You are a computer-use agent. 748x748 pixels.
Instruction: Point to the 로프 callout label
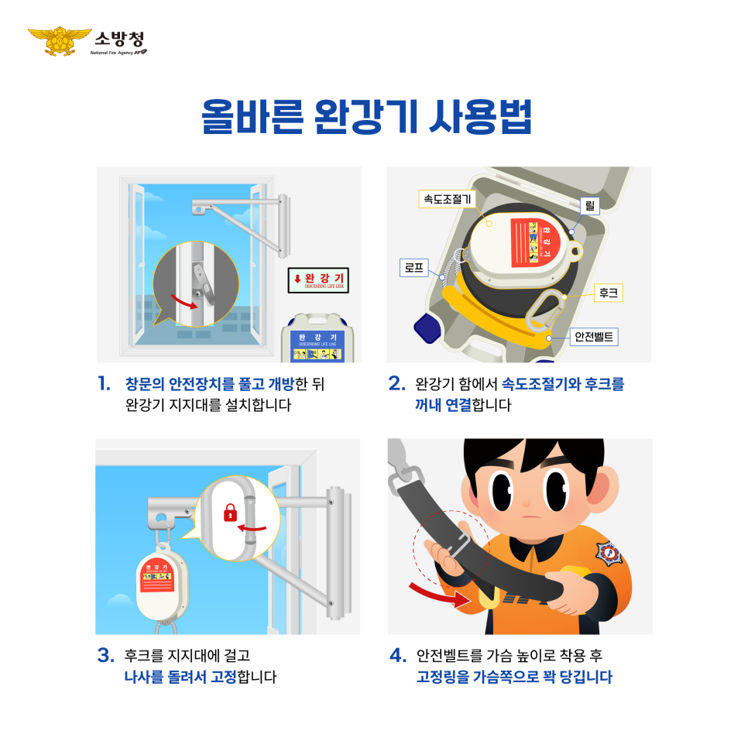(x=413, y=269)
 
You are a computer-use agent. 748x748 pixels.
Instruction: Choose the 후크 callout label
(x=608, y=293)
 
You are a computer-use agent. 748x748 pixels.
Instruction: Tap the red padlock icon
(x=229, y=512)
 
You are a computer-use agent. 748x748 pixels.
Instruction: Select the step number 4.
(x=397, y=656)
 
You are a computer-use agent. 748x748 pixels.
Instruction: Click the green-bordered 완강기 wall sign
(x=318, y=280)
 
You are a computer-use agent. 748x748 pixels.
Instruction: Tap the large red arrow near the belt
(x=438, y=593)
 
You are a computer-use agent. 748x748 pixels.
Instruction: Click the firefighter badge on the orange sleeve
(x=609, y=554)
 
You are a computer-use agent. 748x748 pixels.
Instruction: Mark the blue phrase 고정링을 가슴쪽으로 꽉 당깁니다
(x=513, y=677)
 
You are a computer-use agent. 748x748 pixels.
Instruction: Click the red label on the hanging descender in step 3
(x=160, y=575)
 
